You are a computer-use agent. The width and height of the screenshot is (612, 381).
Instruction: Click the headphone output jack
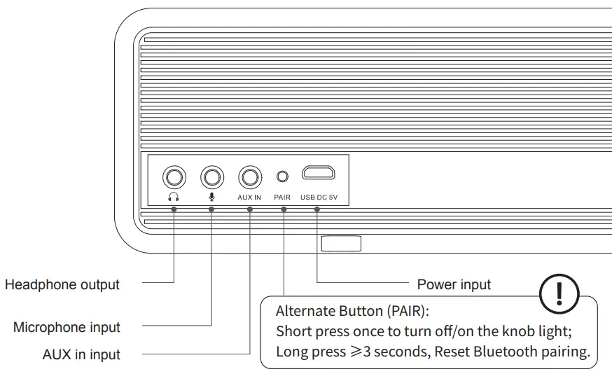pos(174,176)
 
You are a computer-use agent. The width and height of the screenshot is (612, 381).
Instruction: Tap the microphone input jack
pos(212,176)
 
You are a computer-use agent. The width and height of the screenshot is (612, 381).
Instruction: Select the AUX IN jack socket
pos(249,176)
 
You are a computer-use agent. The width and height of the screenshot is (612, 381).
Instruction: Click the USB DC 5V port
pos(319,173)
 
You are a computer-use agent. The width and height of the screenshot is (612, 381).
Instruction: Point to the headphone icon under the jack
pos(174,197)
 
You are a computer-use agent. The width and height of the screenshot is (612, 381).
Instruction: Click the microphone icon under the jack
pos(211,197)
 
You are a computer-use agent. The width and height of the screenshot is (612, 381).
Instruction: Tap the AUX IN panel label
pos(249,198)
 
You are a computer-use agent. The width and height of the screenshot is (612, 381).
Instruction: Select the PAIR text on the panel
pos(282,198)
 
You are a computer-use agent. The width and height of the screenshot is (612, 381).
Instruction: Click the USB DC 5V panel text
pos(319,198)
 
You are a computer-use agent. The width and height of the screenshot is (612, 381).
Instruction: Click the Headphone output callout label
pos(62,285)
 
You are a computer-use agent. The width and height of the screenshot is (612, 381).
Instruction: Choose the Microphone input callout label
pos(67,328)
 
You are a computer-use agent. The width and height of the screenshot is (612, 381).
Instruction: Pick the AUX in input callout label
pos(81,355)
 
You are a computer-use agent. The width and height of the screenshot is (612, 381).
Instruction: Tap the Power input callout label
pos(454,284)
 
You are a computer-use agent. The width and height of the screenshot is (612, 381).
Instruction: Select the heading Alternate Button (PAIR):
pos(351,311)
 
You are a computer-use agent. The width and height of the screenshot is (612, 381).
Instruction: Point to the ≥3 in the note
pos(360,352)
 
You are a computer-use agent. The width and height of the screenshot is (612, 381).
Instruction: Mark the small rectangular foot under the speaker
pos(341,244)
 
